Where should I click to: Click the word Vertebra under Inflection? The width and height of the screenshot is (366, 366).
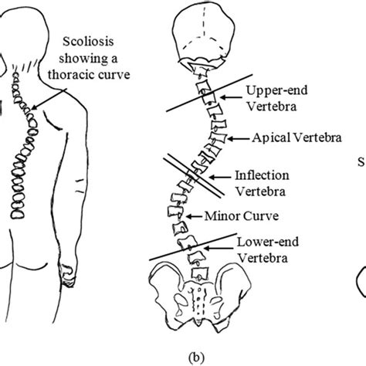260,189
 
